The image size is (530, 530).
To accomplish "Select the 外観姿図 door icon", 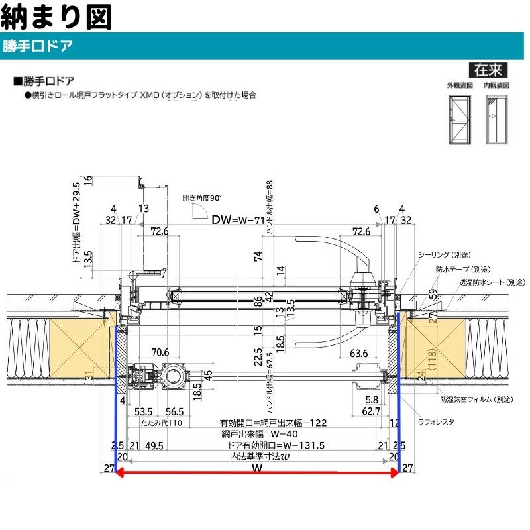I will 459,119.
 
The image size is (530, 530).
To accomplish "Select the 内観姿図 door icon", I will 495,119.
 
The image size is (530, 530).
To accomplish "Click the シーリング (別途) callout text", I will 443,255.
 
